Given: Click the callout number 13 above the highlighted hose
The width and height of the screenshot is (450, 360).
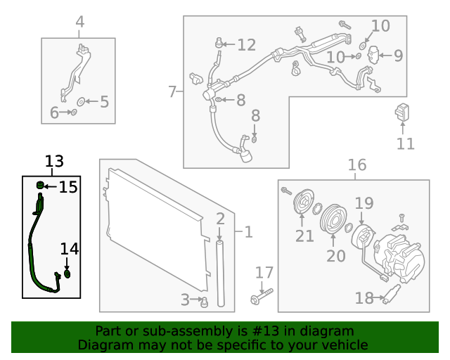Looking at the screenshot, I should click(x=54, y=162).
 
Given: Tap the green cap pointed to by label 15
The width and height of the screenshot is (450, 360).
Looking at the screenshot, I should click(x=41, y=186).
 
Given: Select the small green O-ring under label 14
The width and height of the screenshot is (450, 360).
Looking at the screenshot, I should click(x=67, y=274).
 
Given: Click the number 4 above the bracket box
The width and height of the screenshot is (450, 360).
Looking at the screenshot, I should click(x=79, y=22).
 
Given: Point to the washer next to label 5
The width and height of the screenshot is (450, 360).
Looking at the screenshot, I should click(x=80, y=102).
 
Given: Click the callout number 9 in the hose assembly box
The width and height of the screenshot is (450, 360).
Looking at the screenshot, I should click(x=397, y=56).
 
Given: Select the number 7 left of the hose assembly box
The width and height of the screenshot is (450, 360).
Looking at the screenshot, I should click(x=173, y=91).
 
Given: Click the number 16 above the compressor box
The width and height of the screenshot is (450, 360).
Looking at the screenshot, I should click(x=357, y=165).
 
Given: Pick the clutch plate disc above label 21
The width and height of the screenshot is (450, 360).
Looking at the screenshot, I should click(x=303, y=203).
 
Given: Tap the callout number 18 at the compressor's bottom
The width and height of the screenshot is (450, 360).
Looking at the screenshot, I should click(x=364, y=298).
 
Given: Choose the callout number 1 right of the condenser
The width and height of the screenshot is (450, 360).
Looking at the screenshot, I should click(x=247, y=231).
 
